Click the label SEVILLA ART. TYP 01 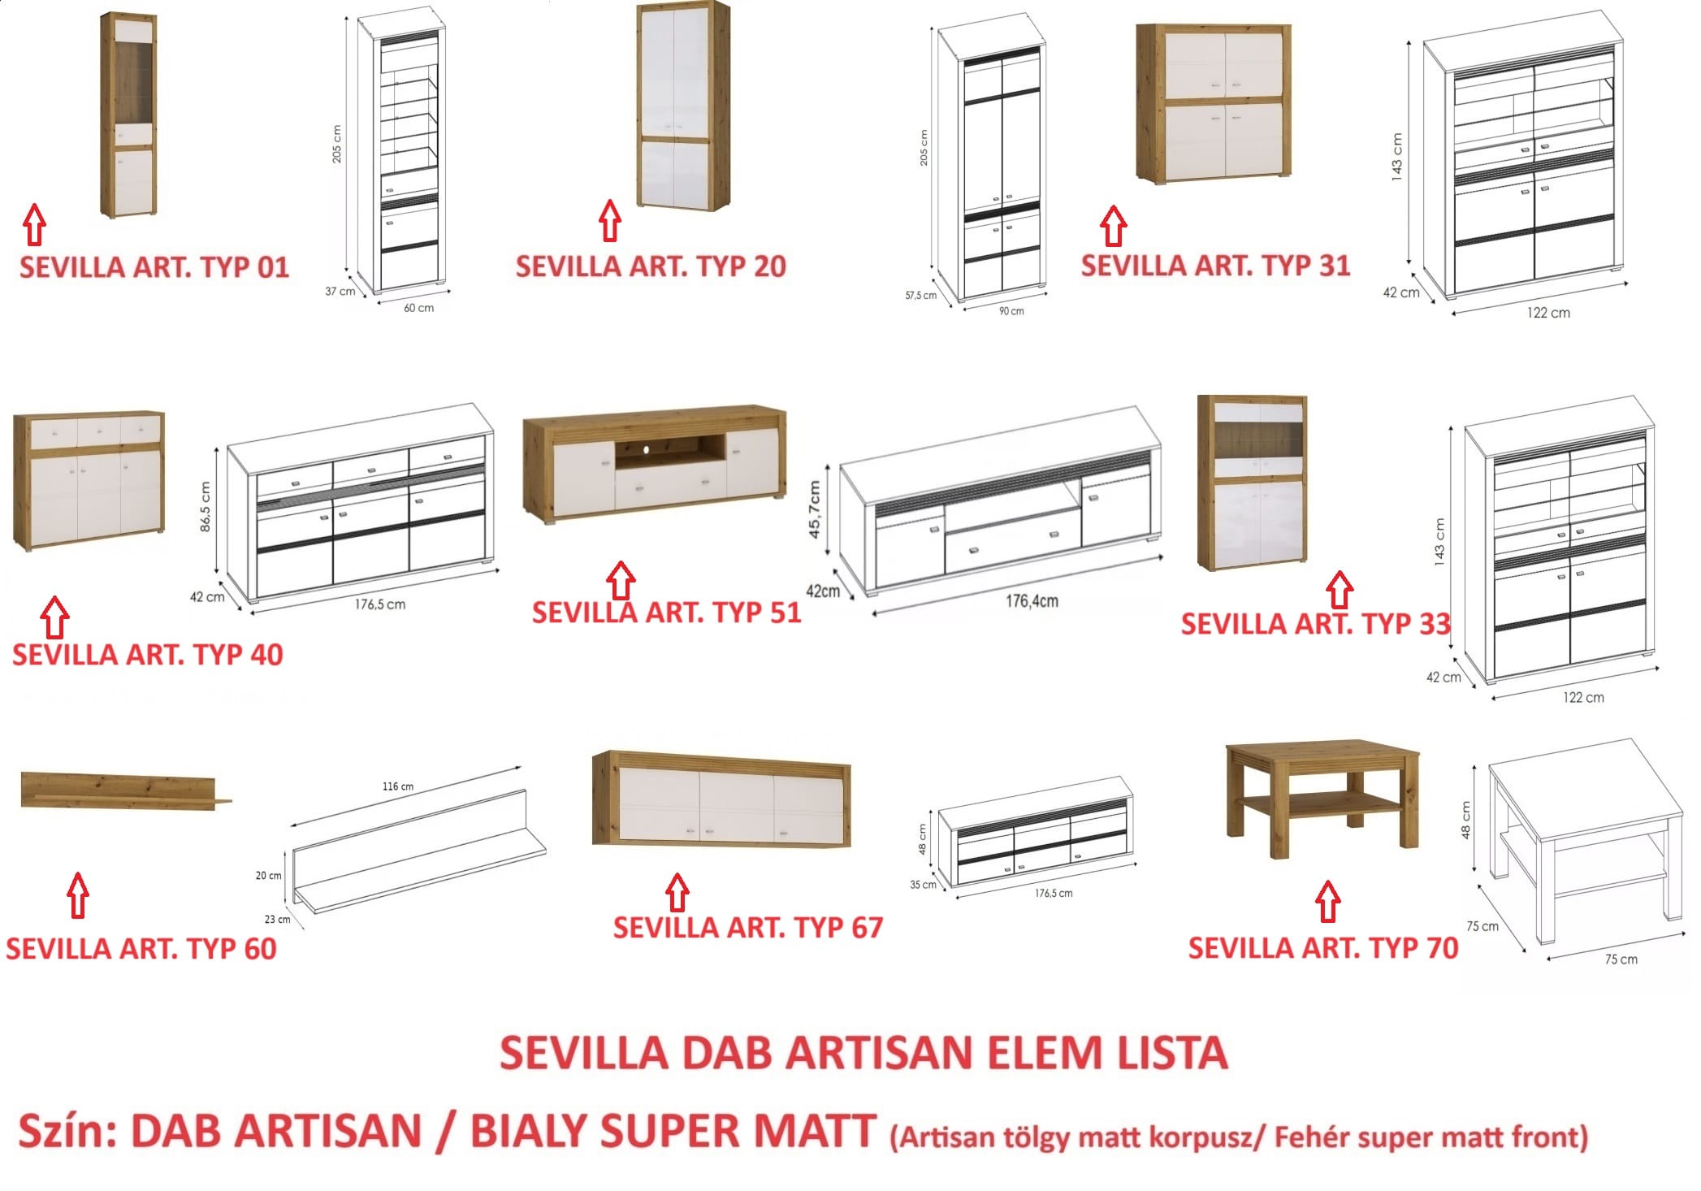(154, 267)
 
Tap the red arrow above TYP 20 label (610, 221)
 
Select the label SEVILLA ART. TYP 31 (1215, 266)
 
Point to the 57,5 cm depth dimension (921, 296)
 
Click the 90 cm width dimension (1011, 311)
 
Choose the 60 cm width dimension (419, 308)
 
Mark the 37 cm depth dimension (340, 291)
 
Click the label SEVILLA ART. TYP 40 (148, 655)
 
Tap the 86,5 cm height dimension (205, 507)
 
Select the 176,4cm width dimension (1032, 601)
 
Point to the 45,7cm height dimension (815, 509)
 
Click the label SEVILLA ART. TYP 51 (667, 613)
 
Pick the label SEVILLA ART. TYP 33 (1315, 624)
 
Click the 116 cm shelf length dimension (398, 786)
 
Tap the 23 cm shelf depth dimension (278, 920)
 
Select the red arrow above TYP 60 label (78, 895)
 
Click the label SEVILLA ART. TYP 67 (748, 928)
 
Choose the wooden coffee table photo (1322, 799)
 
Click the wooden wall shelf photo (126, 791)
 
